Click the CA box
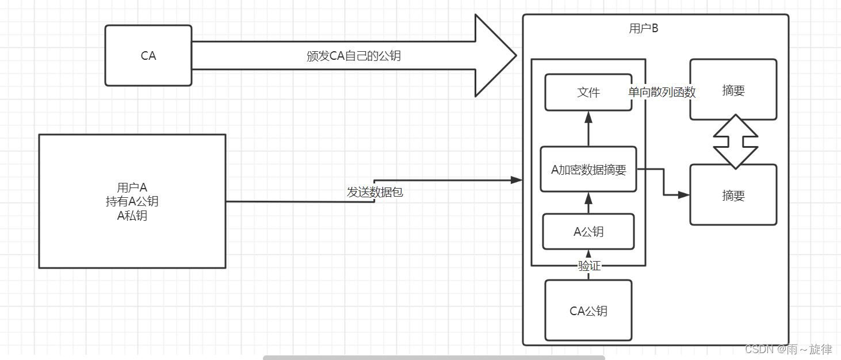(x=148, y=56)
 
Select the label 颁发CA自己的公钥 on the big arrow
(x=354, y=56)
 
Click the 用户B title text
(x=644, y=29)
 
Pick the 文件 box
(x=588, y=92)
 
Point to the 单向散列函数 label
(x=662, y=92)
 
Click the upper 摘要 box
(x=733, y=90)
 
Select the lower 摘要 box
(x=733, y=196)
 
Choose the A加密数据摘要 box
(x=588, y=170)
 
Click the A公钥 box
(x=588, y=232)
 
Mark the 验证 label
(x=589, y=266)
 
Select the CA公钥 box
(x=588, y=311)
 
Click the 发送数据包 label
(x=375, y=192)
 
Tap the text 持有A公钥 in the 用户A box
(x=132, y=201)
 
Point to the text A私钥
(x=132, y=216)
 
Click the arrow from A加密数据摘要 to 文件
(x=588, y=129)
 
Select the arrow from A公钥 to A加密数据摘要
(x=588, y=203)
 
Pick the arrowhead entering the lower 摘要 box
(x=684, y=196)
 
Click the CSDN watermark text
(x=789, y=349)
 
